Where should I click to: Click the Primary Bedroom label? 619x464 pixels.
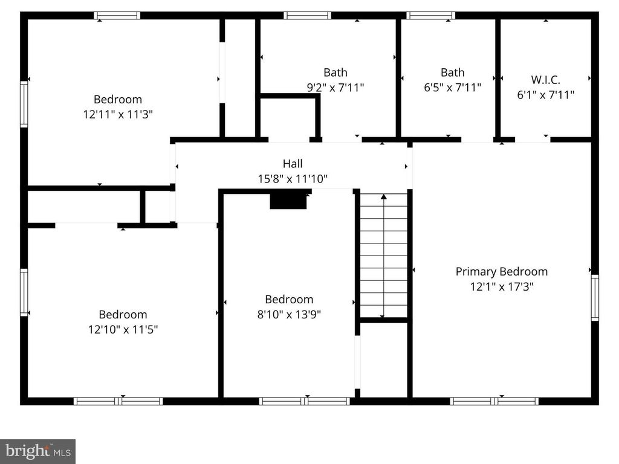pyautogui.click(x=501, y=271)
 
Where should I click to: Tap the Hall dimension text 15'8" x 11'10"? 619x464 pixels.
pyautogui.click(x=293, y=179)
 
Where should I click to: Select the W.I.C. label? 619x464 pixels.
pyautogui.click(x=546, y=80)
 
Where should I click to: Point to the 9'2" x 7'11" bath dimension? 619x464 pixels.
pyautogui.click(x=335, y=87)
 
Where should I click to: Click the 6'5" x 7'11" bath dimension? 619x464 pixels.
pyautogui.click(x=452, y=87)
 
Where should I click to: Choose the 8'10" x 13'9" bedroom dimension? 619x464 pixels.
pyautogui.click(x=289, y=314)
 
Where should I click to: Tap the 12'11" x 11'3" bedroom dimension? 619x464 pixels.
pyautogui.click(x=118, y=114)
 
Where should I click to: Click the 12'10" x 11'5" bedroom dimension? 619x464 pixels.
pyautogui.click(x=123, y=329)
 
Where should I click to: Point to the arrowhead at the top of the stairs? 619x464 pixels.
pyautogui.click(x=384, y=196)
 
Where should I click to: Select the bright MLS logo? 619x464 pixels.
pyautogui.click(x=37, y=451)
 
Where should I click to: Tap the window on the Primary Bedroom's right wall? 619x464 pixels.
pyautogui.click(x=595, y=297)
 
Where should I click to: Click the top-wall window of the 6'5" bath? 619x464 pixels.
pyautogui.click(x=430, y=15)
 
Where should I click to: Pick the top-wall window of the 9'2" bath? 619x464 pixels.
pyautogui.click(x=307, y=15)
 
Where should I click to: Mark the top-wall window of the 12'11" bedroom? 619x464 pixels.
pyautogui.click(x=117, y=15)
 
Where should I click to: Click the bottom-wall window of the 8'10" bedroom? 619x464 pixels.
pyautogui.click(x=305, y=401)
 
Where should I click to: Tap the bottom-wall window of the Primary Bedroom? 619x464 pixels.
pyautogui.click(x=494, y=401)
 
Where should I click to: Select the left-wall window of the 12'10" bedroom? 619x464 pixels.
pyautogui.click(x=24, y=292)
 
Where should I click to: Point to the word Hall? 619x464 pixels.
pyautogui.click(x=293, y=163)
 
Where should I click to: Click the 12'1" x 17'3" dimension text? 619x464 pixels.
pyautogui.click(x=501, y=286)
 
